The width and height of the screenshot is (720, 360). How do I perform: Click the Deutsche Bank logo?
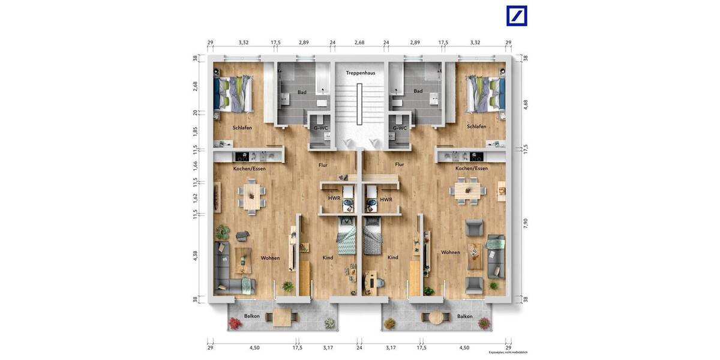click(x=516, y=16)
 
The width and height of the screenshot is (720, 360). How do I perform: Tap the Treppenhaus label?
click(x=360, y=73)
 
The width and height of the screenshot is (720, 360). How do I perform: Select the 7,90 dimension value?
click(x=526, y=222)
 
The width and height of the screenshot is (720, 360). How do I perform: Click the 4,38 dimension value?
click(x=194, y=255)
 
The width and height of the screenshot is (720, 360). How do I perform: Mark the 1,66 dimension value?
click(x=194, y=166)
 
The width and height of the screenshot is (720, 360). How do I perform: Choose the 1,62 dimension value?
click(x=194, y=197)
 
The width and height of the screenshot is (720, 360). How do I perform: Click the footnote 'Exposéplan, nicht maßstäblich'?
click(x=508, y=353)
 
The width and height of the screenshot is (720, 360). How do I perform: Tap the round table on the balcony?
click(x=436, y=317)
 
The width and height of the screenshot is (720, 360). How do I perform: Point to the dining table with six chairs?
click(x=468, y=191)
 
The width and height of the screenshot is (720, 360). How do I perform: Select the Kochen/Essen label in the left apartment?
click(x=250, y=169)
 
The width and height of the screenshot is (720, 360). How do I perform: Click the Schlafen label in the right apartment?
click(x=477, y=127)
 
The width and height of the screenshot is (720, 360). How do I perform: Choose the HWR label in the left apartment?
click(x=334, y=199)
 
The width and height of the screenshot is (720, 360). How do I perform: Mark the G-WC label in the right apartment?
click(x=400, y=128)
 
